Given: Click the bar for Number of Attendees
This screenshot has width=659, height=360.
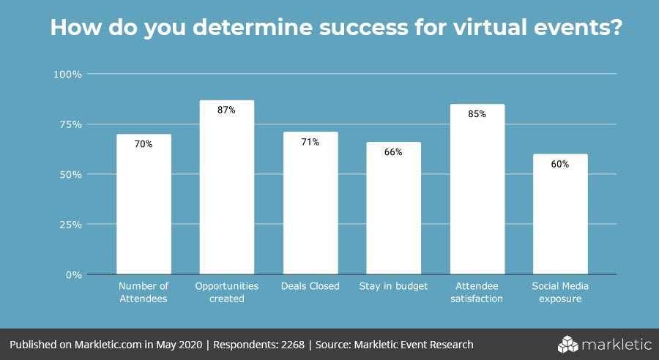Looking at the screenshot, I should (x=144, y=204).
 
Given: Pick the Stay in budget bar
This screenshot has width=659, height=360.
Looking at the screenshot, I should (x=394, y=209).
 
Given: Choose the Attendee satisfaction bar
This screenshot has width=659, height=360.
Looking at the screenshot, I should (x=477, y=190).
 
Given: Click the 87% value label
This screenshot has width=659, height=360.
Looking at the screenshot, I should (x=226, y=110).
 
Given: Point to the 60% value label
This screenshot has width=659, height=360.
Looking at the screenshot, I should (x=560, y=165).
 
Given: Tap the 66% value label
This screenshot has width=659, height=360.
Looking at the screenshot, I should (x=394, y=152).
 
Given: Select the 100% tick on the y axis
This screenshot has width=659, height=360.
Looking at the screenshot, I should (x=67, y=74).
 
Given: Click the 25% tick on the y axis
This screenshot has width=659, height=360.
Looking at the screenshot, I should (x=70, y=225).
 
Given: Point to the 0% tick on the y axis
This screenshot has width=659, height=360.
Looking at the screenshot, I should (x=73, y=275).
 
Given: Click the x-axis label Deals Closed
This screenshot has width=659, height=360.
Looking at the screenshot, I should (x=310, y=286).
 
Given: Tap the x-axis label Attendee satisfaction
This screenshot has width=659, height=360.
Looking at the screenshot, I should (x=477, y=292).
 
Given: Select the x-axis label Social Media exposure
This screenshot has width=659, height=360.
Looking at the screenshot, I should (x=560, y=292).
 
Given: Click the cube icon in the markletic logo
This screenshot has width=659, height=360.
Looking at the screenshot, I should (x=569, y=344).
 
